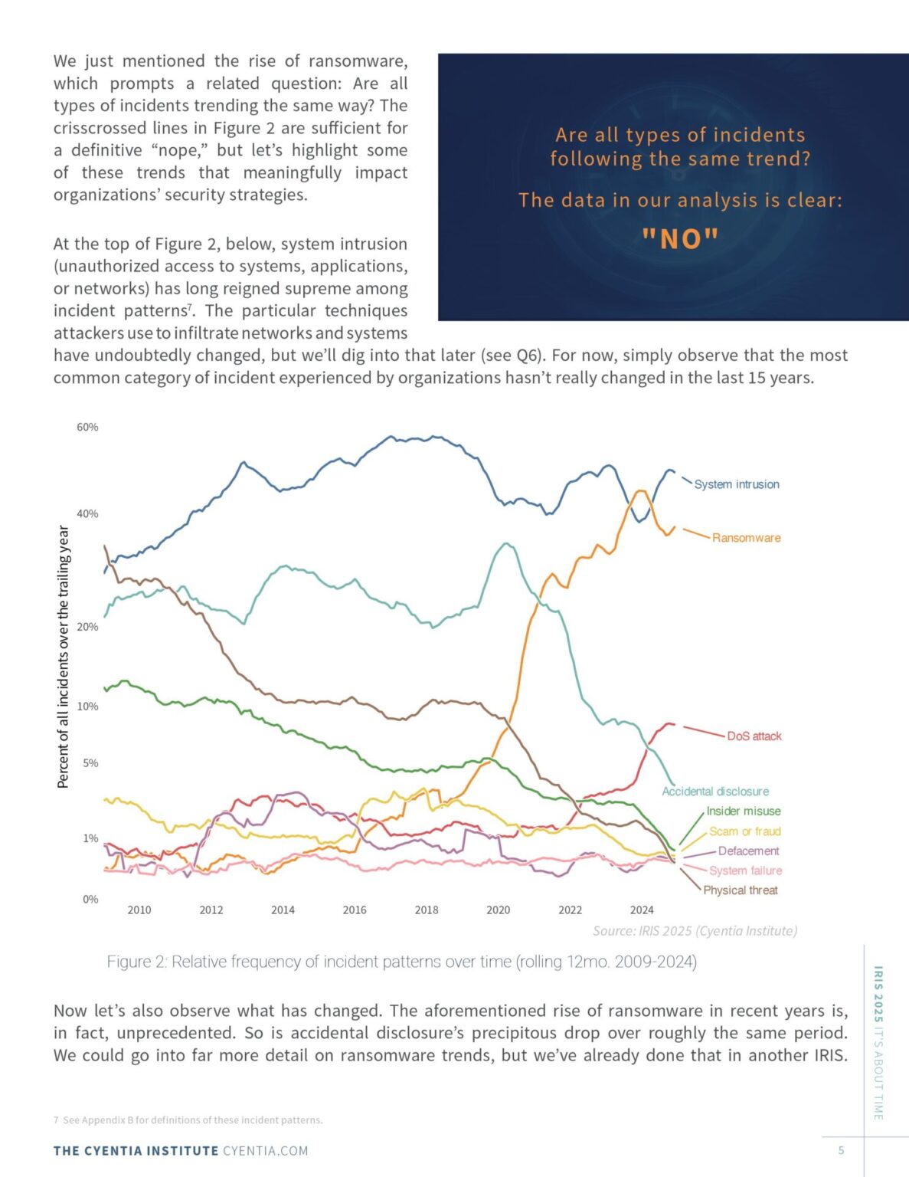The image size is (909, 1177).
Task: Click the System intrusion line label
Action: [x=736, y=484]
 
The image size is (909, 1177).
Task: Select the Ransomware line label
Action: [x=746, y=538]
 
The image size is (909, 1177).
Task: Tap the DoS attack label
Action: [x=754, y=736]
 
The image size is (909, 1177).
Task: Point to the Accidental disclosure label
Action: [x=715, y=792]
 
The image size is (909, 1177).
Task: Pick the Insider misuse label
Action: [x=743, y=811]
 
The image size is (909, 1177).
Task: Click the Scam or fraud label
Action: [x=744, y=831]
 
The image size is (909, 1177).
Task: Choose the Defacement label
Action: [x=748, y=851]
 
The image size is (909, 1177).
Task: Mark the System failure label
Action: [x=745, y=871]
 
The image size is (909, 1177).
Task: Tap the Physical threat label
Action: [x=740, y=890]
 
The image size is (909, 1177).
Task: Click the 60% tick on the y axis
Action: [x=87, y=428]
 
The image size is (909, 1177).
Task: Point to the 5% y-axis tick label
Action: [x=90, y=763]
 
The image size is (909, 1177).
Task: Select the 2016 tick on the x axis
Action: [x=355, y=910]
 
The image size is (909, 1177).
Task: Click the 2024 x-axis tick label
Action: [x=642, y=910]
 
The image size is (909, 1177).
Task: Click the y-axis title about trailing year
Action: [x=64, y=657]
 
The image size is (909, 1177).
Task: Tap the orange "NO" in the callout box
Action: [x=680, y=240]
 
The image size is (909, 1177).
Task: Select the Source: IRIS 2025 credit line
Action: [x=695, y=931]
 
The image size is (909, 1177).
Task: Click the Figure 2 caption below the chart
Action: [x=401, y=962]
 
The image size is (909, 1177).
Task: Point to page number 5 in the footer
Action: [x=842, y=1150]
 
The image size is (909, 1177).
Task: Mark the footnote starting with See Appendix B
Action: [x=188, y=1120]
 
